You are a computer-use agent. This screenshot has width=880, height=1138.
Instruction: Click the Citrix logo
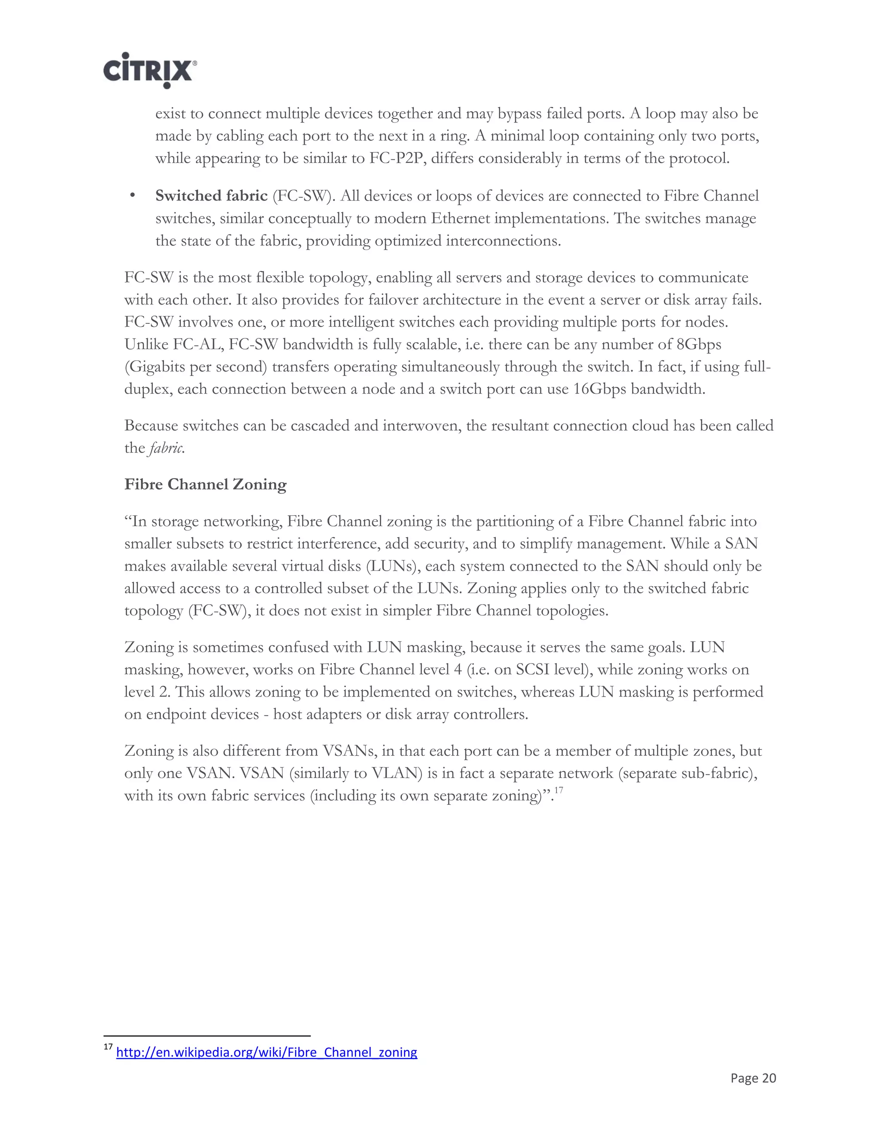click(150, 70)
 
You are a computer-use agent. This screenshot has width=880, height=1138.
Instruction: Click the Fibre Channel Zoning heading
click(205, 484)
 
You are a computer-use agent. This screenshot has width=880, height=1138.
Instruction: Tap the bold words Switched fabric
click(211, 196)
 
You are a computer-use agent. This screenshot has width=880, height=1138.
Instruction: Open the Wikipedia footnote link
click(266, 1052)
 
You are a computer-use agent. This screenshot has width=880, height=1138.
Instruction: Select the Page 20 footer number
click(753, 1077)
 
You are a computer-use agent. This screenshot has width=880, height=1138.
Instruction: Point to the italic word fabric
click(166, 448)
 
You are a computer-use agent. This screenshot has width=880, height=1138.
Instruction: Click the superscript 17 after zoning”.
click(558, 791)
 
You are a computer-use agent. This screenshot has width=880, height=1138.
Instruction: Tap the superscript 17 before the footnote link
click(108, 1047)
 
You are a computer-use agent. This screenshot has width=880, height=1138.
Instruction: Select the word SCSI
click(533, 669)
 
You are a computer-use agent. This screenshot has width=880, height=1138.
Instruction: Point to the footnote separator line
click(207, 1036)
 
